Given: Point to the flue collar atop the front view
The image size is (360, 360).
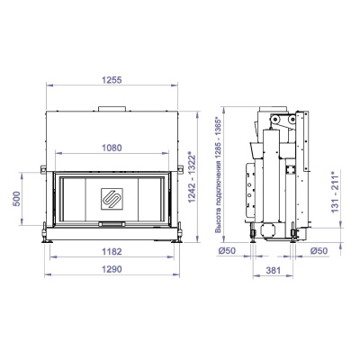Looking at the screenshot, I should coord(113,111).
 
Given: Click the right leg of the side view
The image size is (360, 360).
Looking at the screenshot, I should coord(296,237).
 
